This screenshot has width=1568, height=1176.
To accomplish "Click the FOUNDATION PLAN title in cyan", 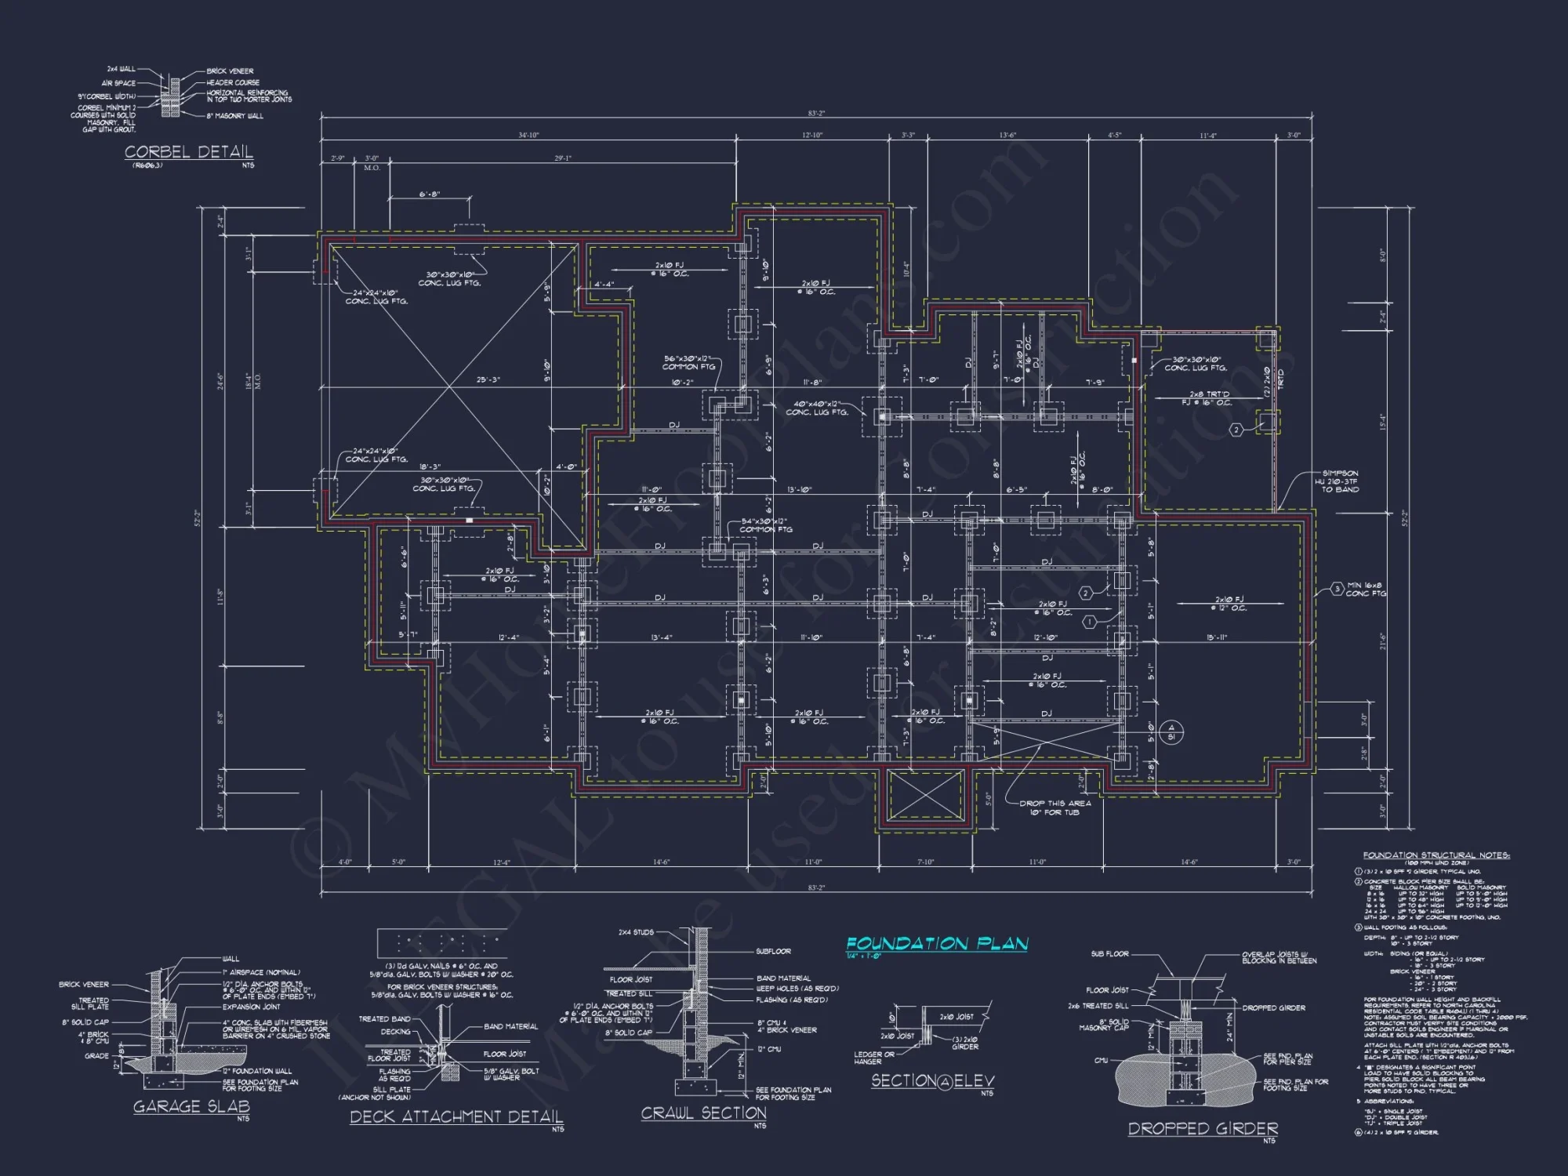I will (937, 943).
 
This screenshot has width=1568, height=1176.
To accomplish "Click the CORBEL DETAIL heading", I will (189, 151).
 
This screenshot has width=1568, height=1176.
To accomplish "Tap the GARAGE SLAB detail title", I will (191, 1106).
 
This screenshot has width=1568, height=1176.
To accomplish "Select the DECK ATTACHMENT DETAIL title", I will (456, 1116).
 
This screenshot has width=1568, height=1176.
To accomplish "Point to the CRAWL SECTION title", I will (703, 1112).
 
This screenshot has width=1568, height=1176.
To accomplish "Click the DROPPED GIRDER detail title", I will (1203, 1128).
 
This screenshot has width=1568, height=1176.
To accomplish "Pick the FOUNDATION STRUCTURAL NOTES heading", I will (1436, 855).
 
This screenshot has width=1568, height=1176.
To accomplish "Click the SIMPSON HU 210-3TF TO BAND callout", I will (1340, 481).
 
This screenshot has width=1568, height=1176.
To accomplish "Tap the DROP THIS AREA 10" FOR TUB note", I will (1054, 808).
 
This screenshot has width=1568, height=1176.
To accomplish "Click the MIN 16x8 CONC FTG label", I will (1366, 589).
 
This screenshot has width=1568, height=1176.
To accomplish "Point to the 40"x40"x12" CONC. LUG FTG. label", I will (817, 408).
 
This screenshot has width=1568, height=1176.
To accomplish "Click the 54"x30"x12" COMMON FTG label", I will (766, 524).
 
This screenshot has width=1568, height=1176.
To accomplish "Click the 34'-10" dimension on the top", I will (528, 136).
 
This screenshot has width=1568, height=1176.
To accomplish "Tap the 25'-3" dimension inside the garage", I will (488, 379).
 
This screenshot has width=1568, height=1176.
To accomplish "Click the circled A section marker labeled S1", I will (1171, 732).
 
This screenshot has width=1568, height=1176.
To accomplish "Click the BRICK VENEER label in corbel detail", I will (230, 71).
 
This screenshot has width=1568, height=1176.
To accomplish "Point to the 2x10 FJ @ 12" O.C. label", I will (1229, 604).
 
